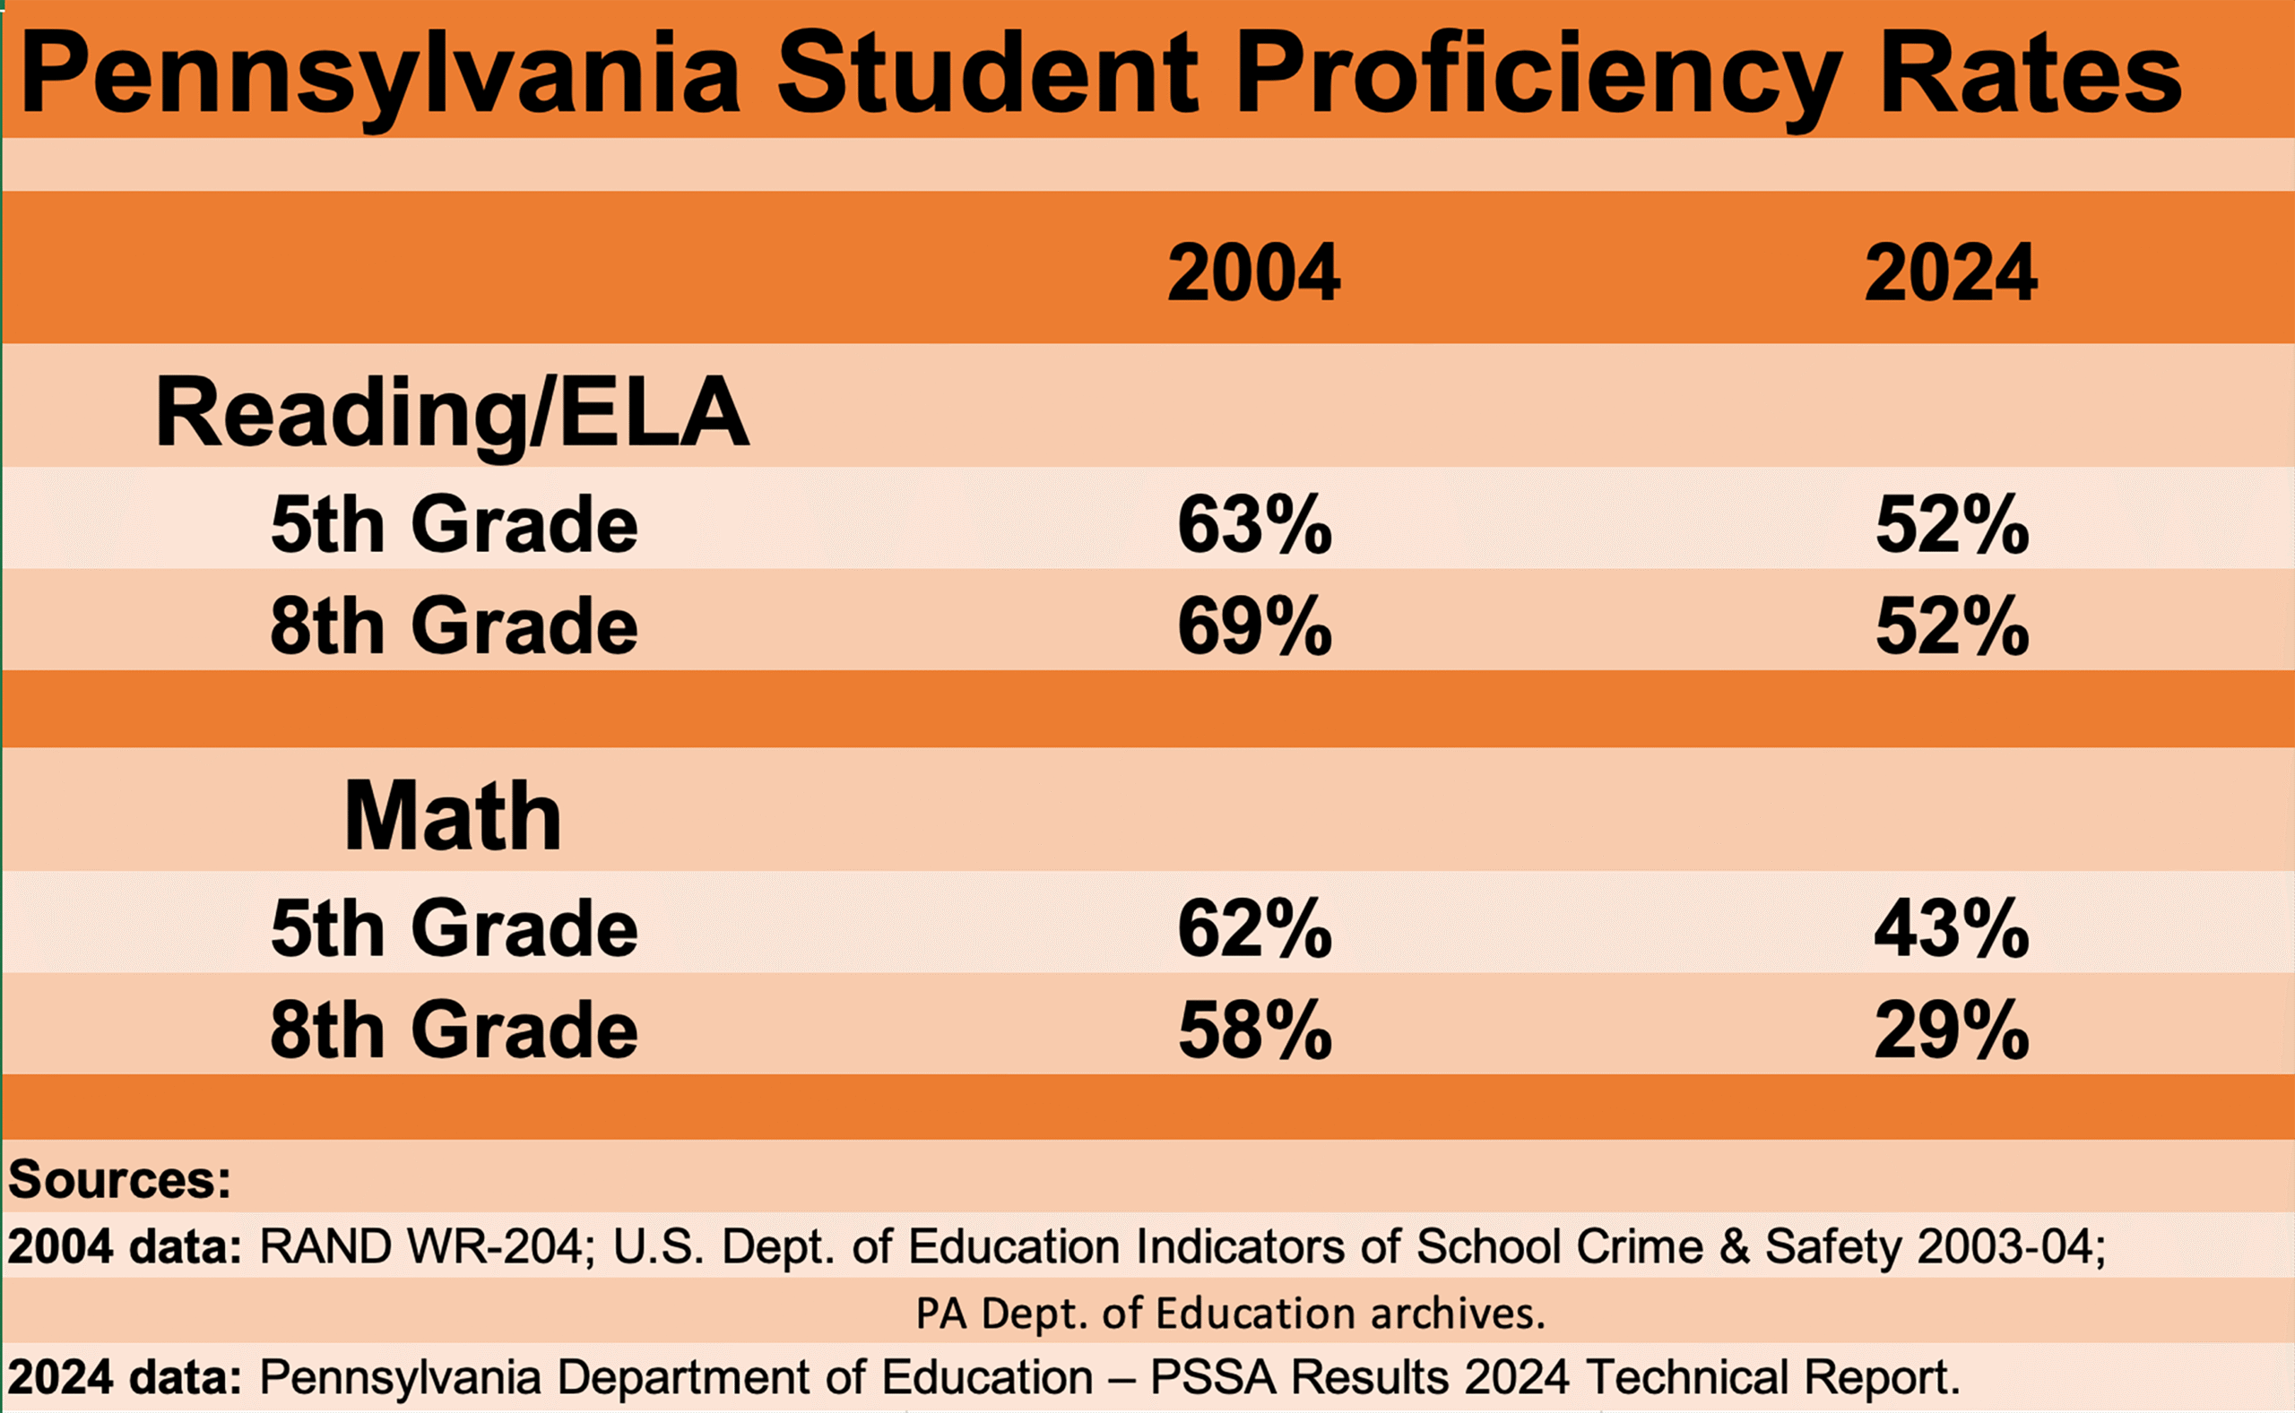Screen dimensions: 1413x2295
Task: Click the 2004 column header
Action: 1253,273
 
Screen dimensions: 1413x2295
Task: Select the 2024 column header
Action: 1951,273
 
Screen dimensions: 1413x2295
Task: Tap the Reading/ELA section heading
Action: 453,412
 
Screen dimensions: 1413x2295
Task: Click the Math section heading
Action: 453,816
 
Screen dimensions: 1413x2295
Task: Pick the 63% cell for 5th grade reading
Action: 1254,524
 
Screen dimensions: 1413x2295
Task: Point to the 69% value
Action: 1254,625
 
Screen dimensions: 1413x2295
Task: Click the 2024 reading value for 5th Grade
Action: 1952,524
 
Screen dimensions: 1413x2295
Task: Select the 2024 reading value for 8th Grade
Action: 1952,625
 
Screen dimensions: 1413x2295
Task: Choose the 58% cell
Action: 1254,1030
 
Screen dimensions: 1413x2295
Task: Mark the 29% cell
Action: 1952,1030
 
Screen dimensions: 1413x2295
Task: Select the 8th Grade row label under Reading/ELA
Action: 455,625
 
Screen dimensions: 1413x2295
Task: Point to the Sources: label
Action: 119,1179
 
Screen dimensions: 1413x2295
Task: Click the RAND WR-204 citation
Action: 421,1246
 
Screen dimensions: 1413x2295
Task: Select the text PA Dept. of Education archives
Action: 1230,1313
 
